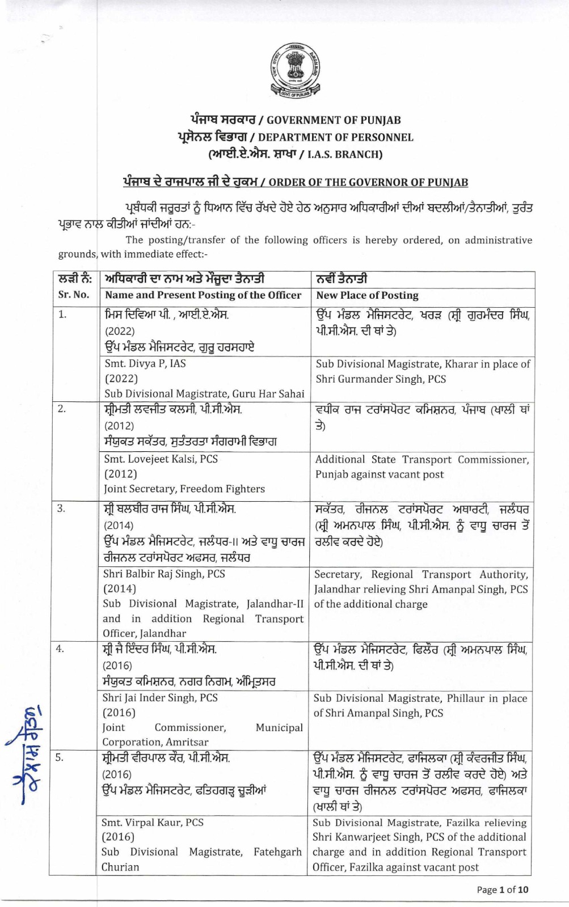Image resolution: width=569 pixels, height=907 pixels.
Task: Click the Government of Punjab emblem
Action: click(x=289, y=73)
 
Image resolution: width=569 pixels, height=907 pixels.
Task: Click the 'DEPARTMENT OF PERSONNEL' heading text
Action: click(x=336, y=137)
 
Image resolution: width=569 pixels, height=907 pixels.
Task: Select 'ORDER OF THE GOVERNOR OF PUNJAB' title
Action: click(x=368, y=183)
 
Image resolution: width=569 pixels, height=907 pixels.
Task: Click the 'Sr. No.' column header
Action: click(x=74, y=295)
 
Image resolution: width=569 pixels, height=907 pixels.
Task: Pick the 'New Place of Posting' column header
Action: click(x=367, y=295)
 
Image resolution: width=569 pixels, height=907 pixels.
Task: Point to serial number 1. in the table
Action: click(x=62, y=315)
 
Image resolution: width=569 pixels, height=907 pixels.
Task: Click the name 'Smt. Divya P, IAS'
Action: click(x=145, y=363)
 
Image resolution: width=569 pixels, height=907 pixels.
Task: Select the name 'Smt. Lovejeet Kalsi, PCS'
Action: click(x=161, y=459)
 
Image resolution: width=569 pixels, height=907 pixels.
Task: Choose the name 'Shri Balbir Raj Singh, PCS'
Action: click(x=164, y=574)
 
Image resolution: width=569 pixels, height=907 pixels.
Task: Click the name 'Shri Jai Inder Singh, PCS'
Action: click(x=160, y=698)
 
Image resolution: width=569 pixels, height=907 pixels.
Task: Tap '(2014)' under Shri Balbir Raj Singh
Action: click(x=119, y=588)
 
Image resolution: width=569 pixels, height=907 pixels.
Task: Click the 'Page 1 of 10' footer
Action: click(x=502, y=889)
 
